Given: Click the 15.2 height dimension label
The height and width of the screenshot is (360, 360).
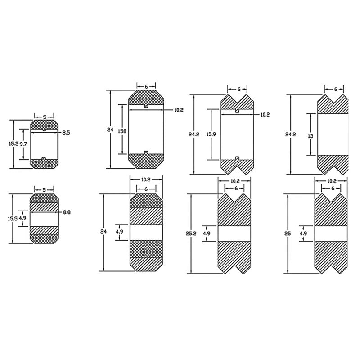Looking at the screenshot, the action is coord(13,144).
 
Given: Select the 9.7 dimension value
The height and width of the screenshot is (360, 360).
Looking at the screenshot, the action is coord(23,144).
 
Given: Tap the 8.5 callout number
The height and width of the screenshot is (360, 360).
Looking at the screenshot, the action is coord(66,133).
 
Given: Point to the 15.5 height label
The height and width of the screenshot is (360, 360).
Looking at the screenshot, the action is coord(13,219).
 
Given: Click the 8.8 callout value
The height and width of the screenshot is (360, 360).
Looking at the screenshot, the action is coord(67,212).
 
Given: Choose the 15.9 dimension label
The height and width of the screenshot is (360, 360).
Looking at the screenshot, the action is coord(211,135).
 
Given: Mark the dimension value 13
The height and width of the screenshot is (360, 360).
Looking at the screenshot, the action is coord(310,136).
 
